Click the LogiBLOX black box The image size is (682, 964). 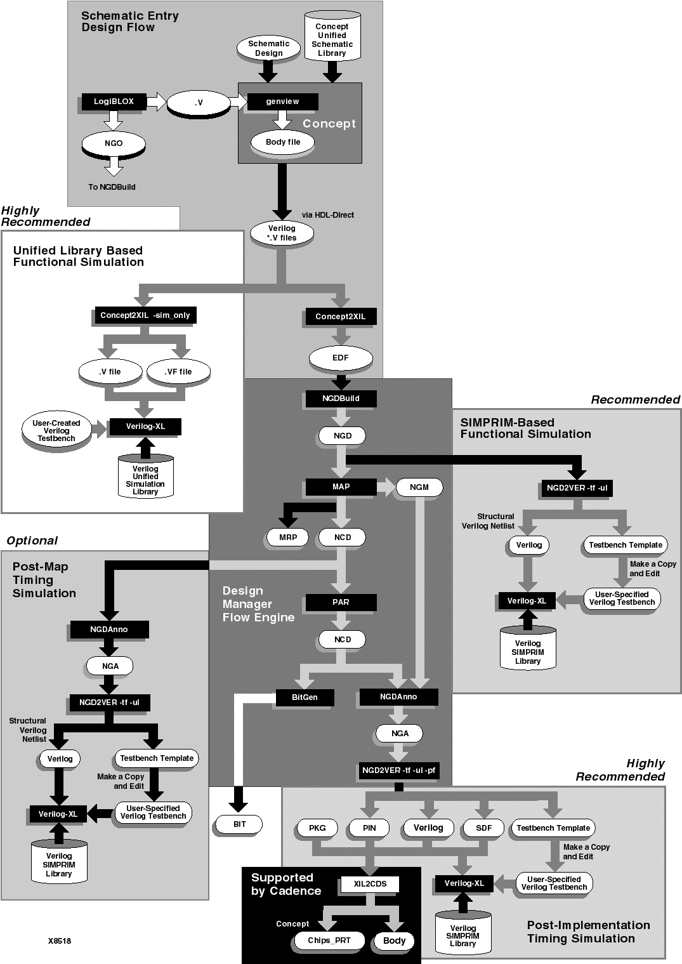pyautogui.click(x=114, y=101)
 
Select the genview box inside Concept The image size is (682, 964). pyautogui.click(x=282, y=101)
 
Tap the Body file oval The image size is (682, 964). pyautogui.click(x=283, y=142)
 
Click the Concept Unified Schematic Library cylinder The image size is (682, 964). pyautogui.click(x=332, y=38)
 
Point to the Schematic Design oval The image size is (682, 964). pyautogui.click(x=268, y=49)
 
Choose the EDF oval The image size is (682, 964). pyautogui.click(x=341, y=358)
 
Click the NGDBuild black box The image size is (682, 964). pyautogui.click(x=341, y=399)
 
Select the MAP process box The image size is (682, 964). pyautogui.click(x=341, y=487)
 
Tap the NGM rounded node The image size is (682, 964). pyautogui.click(x=419, y=487)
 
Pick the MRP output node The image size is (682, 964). pyautogui.click(x=287, y=538)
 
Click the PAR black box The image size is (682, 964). pyautogui.click(x=341, y=602)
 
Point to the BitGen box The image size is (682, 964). pyautogui.click(x=305, y=697)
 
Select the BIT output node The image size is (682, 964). pyautogui.click(x=239, y=824)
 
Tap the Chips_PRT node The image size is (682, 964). pyautogui.click(x=329, y=941)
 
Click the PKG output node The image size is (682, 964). pyautogui.click(x=317, y=828)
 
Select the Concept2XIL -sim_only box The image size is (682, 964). pyautogui.click(x=145, y=315)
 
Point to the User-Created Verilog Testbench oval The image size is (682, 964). pyautogui.click(x=56, y=431)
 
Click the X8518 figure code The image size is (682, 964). pyautogui.click(x=60, y=941)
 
